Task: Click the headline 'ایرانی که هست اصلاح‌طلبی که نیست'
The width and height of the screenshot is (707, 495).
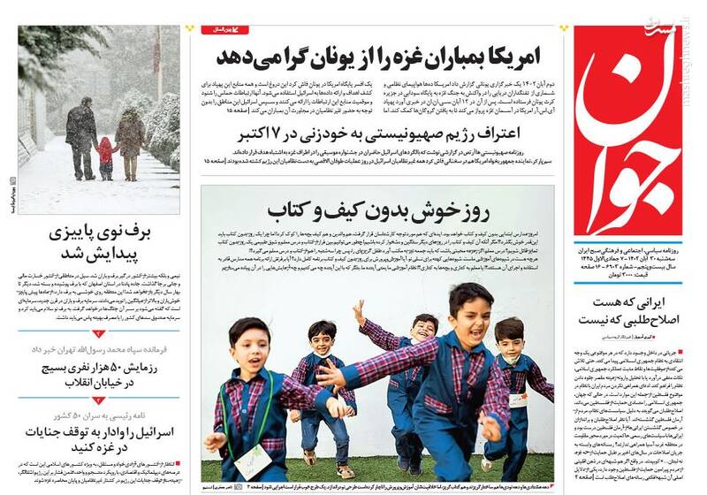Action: point(628,314)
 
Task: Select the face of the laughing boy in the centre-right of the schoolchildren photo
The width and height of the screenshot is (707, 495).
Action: point(468,307)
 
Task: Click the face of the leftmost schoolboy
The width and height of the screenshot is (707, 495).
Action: point(247,347)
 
